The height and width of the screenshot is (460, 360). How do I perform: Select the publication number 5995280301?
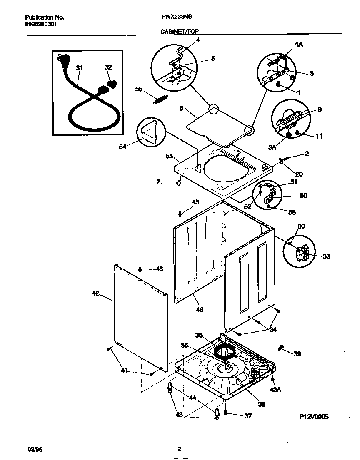point(41,24)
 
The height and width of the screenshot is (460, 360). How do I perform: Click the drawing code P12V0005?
point(314,417)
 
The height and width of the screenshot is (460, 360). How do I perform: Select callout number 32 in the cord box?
point(108,67)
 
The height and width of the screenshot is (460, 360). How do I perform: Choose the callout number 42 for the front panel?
point(95,293)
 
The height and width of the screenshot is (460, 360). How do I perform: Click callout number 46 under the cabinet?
point(200,310)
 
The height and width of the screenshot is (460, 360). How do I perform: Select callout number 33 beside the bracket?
point(326,256)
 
